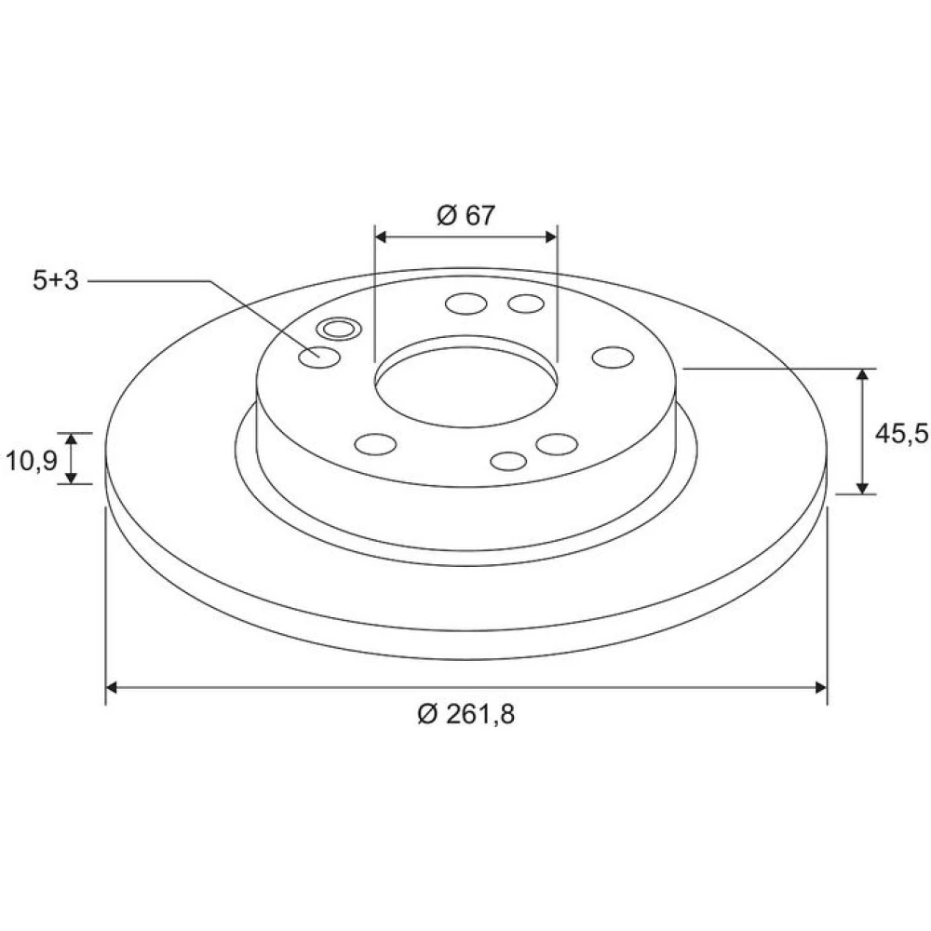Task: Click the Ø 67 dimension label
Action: (465, 215)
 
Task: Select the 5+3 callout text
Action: (55, 280)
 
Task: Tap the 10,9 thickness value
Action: (31, 460)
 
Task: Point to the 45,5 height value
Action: (901, 434)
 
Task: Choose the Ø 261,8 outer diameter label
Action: (466, 714)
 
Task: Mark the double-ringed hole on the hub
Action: (339, 329)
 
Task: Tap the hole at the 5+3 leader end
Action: (319, 358)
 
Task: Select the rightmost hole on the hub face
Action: (614, 358)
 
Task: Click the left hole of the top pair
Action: (466, 304)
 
